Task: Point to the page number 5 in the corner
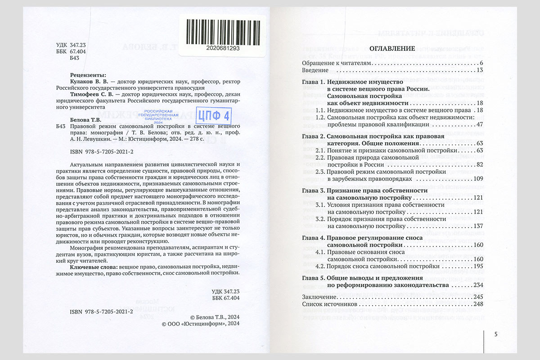point(495,334)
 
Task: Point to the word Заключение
point(318,297)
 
